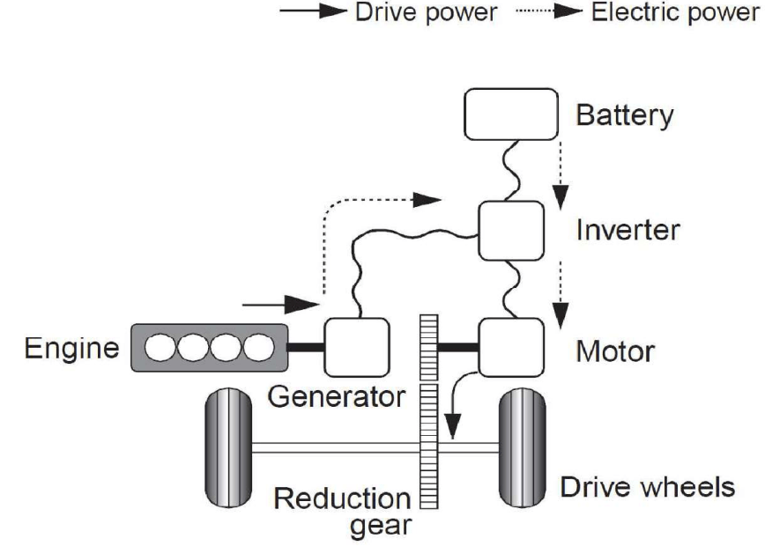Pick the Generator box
[x=357, y=345]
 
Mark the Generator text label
[x=337, y=395]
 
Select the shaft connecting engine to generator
[x=307, y=346]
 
